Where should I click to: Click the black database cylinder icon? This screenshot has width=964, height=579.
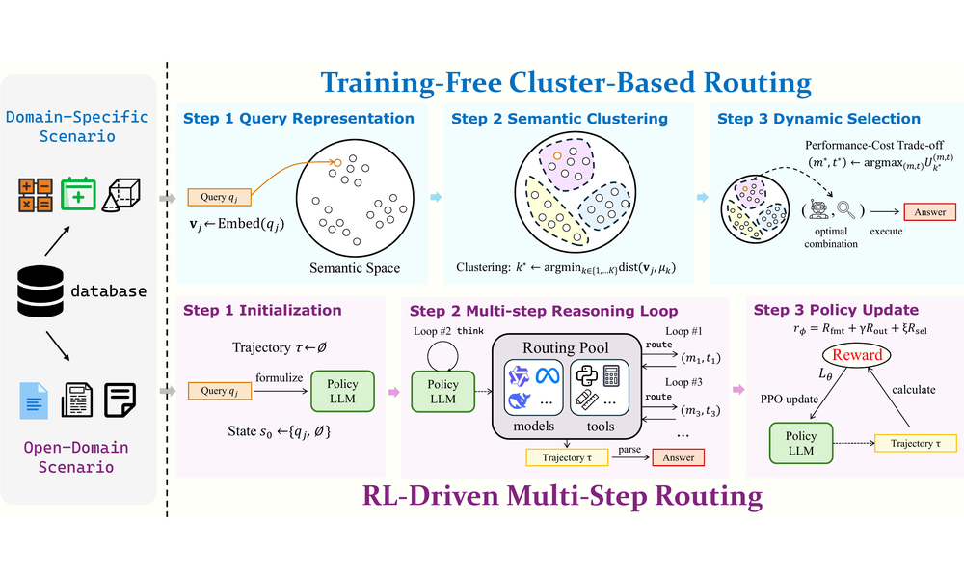[x=40, y=291]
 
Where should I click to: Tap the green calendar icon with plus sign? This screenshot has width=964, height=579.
[x=78, y=194]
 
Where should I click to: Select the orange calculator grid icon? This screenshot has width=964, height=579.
[x=35, y=195]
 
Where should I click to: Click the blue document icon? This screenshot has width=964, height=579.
[x=34, y=400]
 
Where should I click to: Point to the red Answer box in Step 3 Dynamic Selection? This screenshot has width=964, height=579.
[x=929, y=212]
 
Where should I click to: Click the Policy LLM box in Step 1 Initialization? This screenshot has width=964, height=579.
[x=342, y=392]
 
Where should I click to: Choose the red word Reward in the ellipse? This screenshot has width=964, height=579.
[x=857, y=355]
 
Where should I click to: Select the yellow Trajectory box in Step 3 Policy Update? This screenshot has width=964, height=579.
[x=916, y=443]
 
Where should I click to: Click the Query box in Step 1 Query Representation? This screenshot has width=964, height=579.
[x=219, y=197]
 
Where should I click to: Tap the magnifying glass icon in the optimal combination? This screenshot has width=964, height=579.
[x=846, y=210]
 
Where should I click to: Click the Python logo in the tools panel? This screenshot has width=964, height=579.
[x=586, y=374]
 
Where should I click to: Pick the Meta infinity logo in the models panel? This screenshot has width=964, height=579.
[x=548, y=374]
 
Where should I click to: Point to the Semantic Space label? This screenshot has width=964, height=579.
[x=355, y=268]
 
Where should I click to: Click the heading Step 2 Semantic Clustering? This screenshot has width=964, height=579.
[x=559, y=119]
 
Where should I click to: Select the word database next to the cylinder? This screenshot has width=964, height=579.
[x=109, y=291]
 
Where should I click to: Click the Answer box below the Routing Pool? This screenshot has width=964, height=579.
[x=678, y=457]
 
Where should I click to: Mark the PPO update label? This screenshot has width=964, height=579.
[x=789, y=399]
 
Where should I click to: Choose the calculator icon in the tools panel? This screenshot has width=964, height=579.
[x=611, y=374]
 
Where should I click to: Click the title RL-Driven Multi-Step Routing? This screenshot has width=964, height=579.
[x=562, y=496]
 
